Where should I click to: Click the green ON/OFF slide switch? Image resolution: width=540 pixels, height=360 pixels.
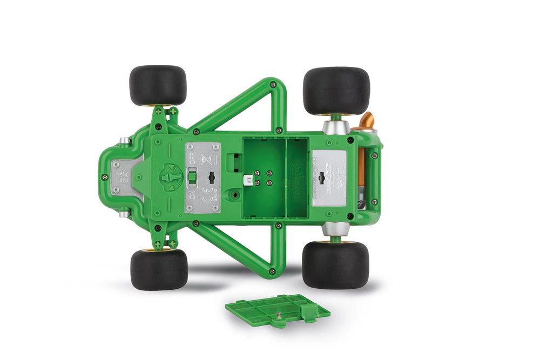pos(192,178)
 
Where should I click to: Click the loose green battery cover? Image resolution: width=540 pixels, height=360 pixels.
pos(277,310)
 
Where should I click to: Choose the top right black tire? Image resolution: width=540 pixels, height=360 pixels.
pos(336,90)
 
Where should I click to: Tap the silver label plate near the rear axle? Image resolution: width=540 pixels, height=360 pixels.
pos(329,177)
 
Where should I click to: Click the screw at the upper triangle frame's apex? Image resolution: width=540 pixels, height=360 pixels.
pos(273,85)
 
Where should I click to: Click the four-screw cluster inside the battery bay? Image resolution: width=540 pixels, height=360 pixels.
pos(262,178)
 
